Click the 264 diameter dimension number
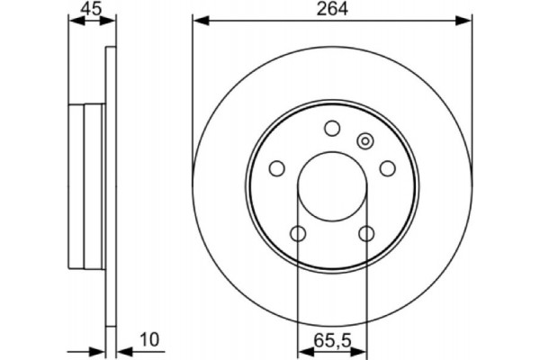point(332,9)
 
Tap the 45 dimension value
point(92,9)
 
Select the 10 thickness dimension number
point(149,339)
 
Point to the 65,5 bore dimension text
point(332,341)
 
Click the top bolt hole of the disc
point(332,128)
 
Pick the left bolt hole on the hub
point(277,168)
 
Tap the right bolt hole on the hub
point(388,168)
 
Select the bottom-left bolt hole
point(298,234)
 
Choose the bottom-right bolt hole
point(366,234)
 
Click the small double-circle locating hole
point(365,141)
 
